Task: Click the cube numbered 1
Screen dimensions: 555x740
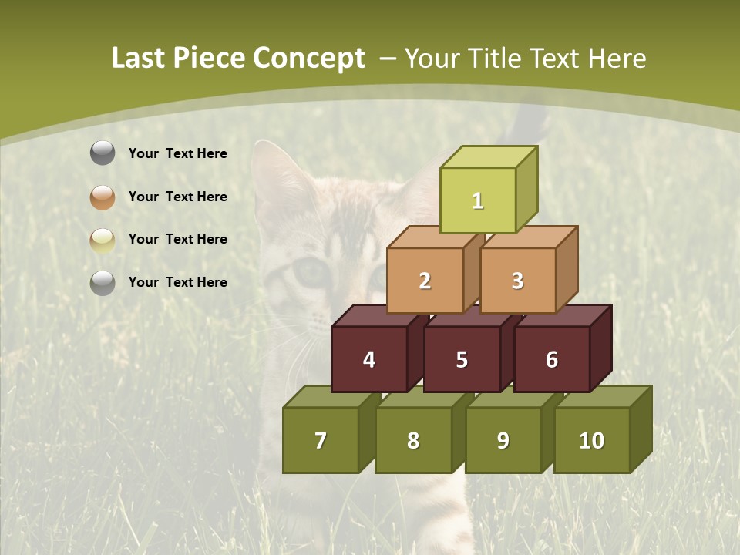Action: pyautogui.click(x=478, y=200)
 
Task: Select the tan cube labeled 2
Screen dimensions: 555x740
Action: pyautogui.click(x=425, y=281)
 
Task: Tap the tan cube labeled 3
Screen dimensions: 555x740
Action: pyautogui.click(x=517, y=281)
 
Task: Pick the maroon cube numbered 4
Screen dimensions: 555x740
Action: pyautogui.click(x=369, y=359)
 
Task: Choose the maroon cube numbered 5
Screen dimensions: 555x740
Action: pyautogui.click(x=462, y=359)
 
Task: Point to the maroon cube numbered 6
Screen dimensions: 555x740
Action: pyautogui.click(x=552, y=359)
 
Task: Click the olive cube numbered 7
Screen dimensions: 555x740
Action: pyautogui.click(x=321, y=440)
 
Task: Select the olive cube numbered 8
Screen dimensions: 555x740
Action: pyautogui.click(x=413, y=440)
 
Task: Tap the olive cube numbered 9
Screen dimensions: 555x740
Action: pyautogui.click(x=503, y=440)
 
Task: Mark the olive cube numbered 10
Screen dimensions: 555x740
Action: pyautogui.click(x=592, y=440)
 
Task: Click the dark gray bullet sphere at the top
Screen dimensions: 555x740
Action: pyautogui.click(x=103, y=153)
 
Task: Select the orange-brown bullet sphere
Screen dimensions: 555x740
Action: pyautogui.click(x=103, y=197)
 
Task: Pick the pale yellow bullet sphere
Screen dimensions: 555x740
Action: pyautogui.click(x=103, y=240)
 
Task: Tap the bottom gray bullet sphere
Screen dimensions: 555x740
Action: pyautogui.click(x=103, y=282)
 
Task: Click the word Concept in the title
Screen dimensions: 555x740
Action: pyautogui.click(x=309, y=59)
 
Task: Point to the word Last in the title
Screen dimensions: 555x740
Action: pyautogui.click(x=140, y=59)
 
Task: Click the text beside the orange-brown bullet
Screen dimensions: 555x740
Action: pyautogui.click(x=178, y=197)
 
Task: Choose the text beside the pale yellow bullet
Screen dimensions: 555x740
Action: pyautogui.click(x=178, y=239)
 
